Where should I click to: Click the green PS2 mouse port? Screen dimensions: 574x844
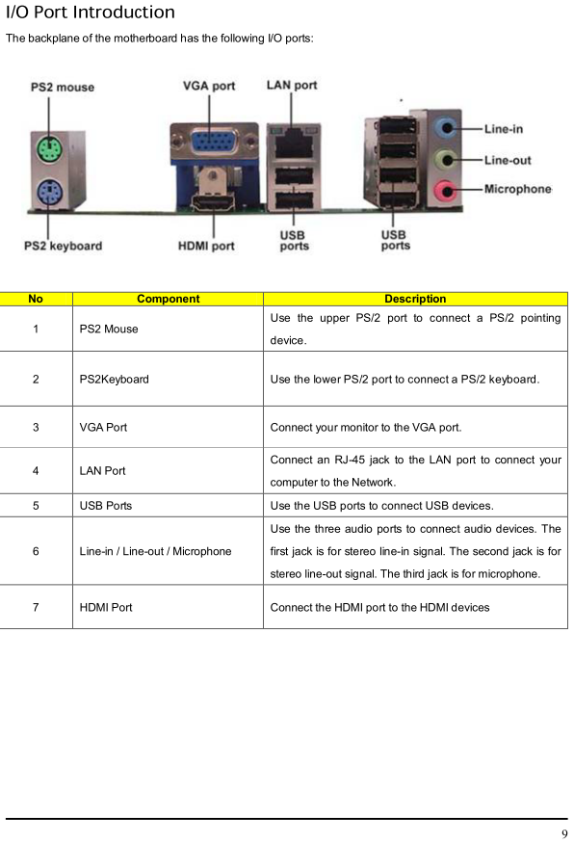(x=49, y=149)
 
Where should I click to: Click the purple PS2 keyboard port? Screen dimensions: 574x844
(x=49, y=193)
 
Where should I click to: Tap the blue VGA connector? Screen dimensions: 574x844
(x=214, y=142)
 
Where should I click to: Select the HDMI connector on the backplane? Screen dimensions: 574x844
(x=214, y=203)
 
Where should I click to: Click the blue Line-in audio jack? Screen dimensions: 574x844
(x=447, y=128)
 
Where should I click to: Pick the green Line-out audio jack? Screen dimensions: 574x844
(x=447, y=159)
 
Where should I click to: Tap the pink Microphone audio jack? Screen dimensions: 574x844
(x=447, y=190)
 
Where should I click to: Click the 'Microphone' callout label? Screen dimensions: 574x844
(x=517, y=189)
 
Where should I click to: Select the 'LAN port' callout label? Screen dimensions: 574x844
(x=292, y=85)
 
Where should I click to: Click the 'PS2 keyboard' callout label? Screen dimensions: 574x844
(x=63, y=246)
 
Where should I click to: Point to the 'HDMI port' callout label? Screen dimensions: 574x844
(x=206, y=246)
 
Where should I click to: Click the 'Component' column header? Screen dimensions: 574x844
(x=168, y=299)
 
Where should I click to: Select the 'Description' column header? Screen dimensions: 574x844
(x=415, y=299)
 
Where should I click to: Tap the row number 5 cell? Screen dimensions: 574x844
(x=36, y=506)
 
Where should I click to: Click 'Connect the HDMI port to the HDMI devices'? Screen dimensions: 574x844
(x=379, y=607)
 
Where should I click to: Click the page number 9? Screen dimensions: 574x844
(x=564, y=833)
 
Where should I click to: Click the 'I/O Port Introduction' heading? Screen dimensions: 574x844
(x=91, y=12)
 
